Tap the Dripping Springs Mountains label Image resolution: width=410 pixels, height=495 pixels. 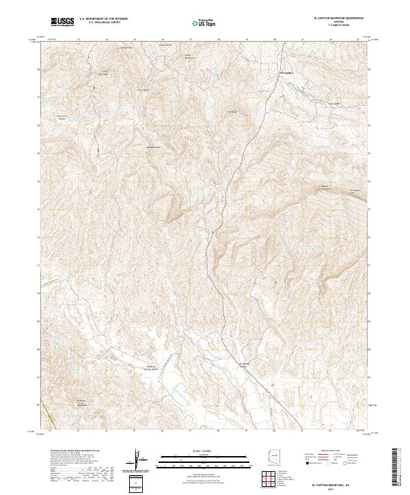tap(83, 402)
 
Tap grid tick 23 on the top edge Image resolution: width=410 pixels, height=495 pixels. tap(358, 40)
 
